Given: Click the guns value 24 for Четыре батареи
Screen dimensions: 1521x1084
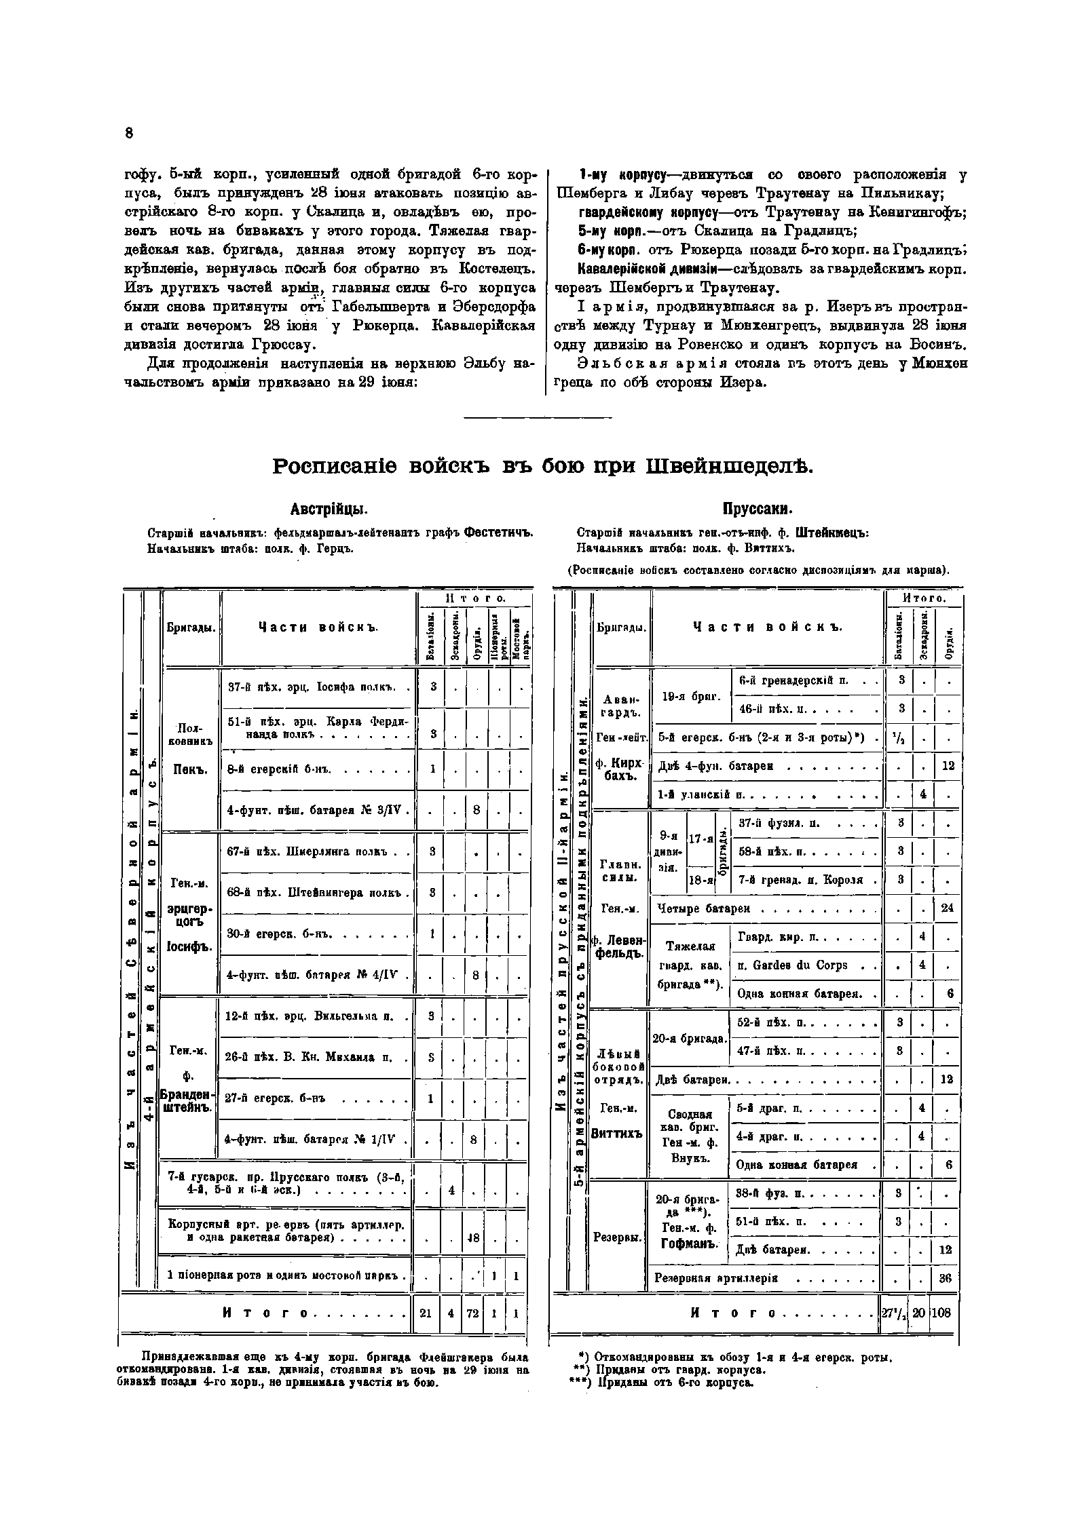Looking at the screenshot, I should [948, 908].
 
